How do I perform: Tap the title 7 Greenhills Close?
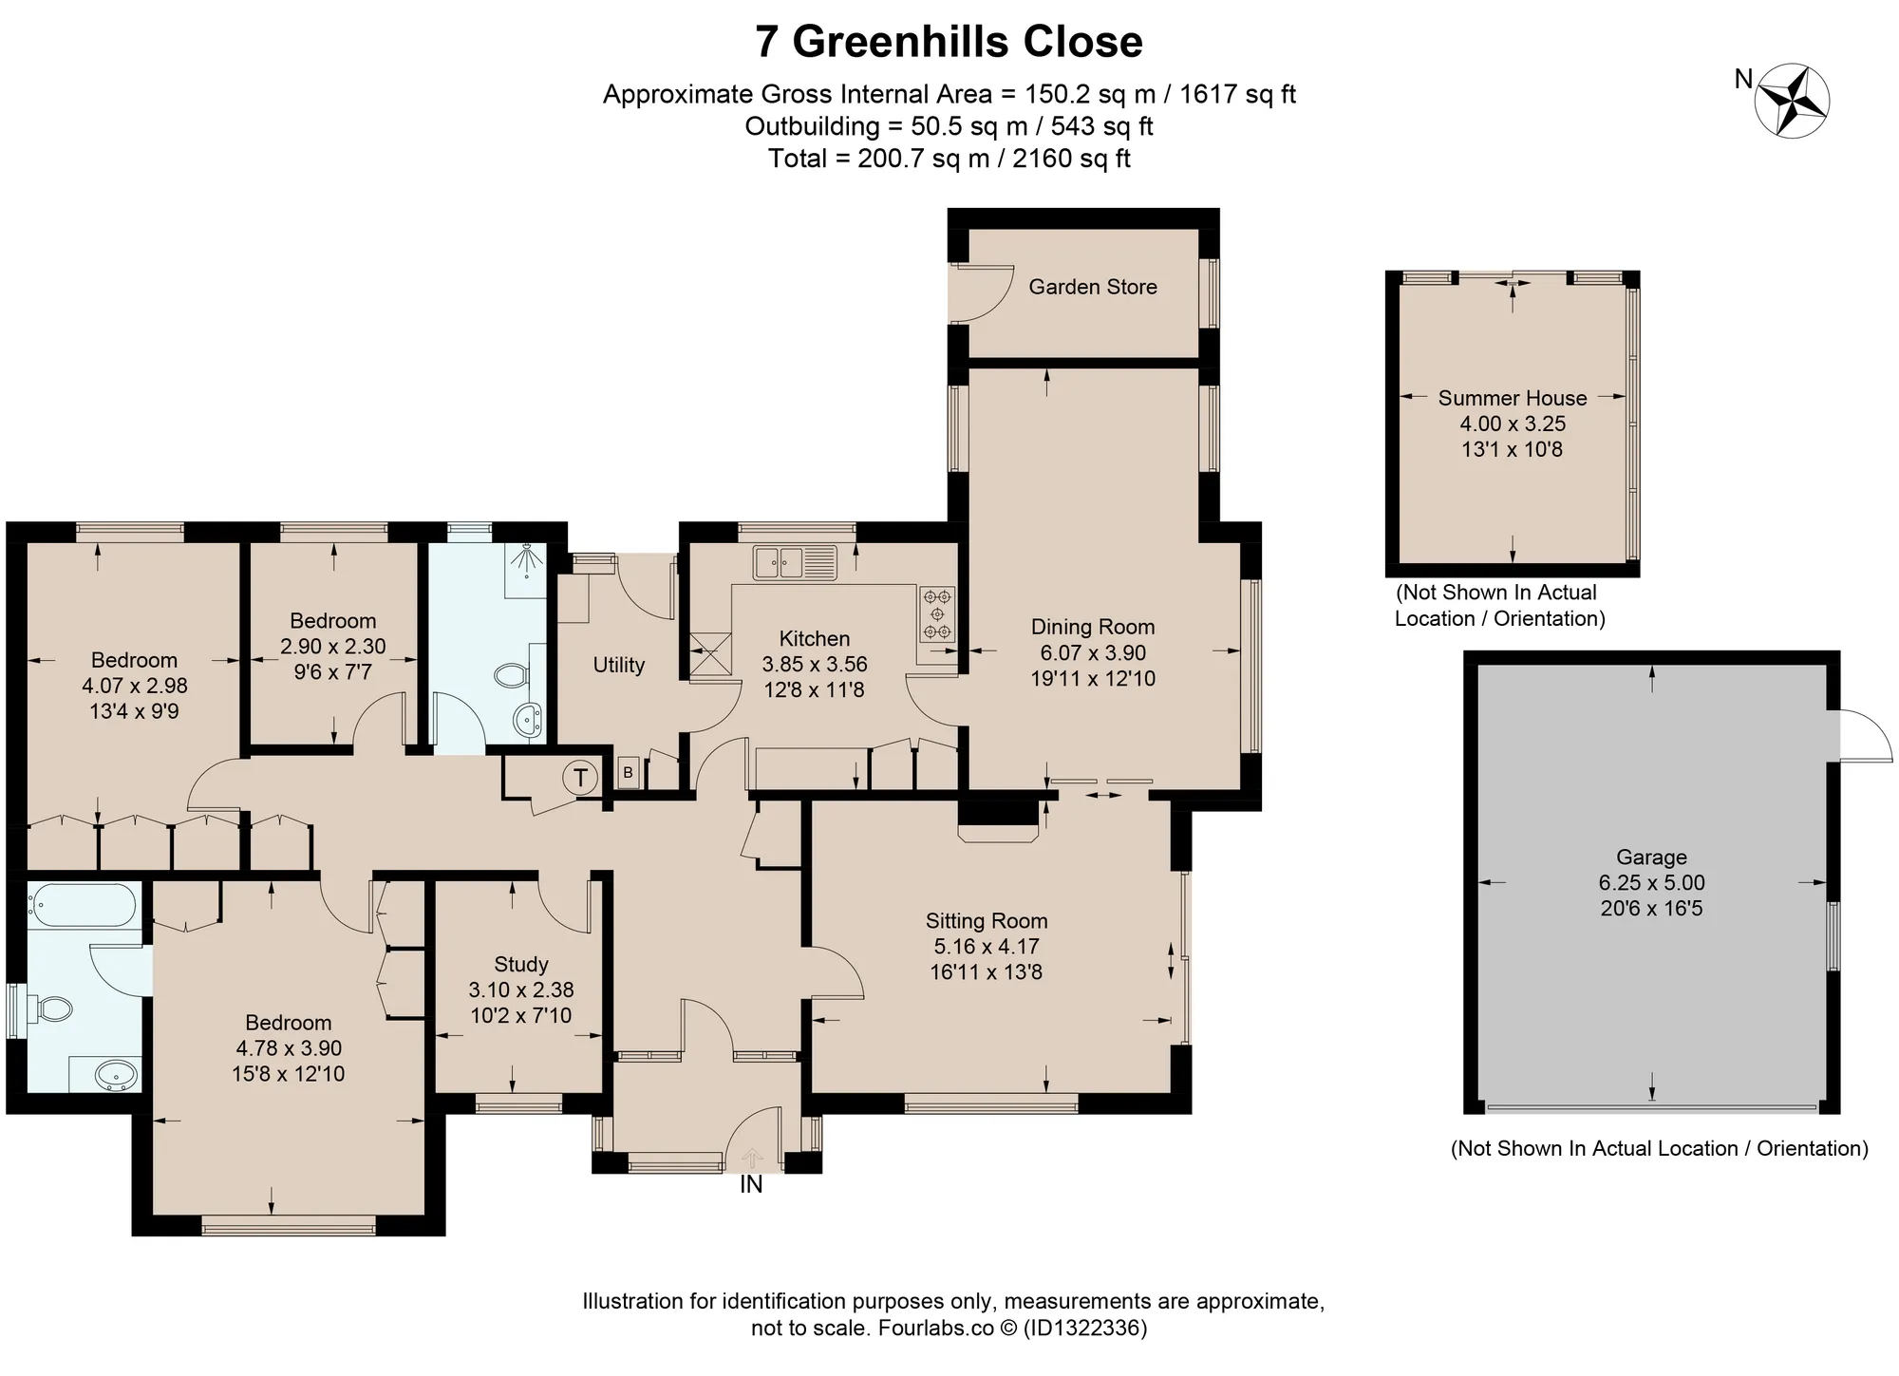coord(949,42)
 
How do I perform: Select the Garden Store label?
coord(1093,287)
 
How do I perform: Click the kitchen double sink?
coord(795,562)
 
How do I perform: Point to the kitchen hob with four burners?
coord(937,614)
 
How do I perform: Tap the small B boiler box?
coord(628,773)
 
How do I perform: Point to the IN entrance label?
coord(751,1184)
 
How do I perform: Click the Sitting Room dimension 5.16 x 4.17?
coord(987,947)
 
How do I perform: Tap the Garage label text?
coord(1651,858)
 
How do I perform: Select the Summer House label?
coord(1513,398)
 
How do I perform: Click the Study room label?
coord(521,965)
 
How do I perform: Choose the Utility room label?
coord(619,665)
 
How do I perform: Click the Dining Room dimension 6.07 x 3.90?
coord(1093,653)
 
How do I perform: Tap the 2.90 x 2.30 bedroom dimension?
coord(333,647)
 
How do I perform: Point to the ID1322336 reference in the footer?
coord(1084,1327)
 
